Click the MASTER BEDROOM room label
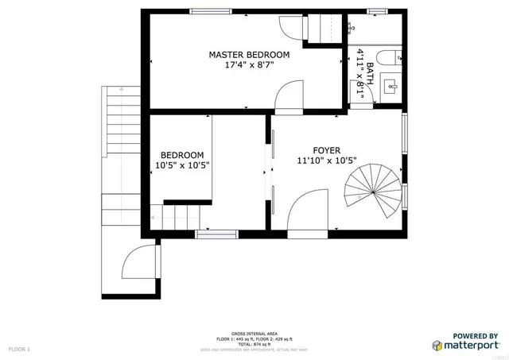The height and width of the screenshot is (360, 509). [249, 55]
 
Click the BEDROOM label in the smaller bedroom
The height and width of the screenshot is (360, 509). [182, 155]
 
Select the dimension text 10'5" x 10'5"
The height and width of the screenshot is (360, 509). [182, 166]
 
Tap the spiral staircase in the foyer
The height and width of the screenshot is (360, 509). [372, 192]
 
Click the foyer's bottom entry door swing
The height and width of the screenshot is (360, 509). [307, 210]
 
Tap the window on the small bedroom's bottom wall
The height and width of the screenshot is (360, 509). [216, 234]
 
